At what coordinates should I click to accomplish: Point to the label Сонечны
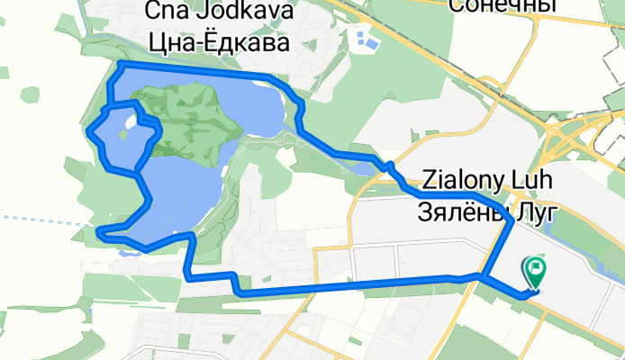tap(498, 6)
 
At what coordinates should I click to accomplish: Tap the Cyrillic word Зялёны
tap(460, 211)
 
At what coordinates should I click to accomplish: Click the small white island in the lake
tap(131, 122)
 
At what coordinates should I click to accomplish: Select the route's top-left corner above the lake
tap(121, 65)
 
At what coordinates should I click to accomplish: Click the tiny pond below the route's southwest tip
tap(127, 253)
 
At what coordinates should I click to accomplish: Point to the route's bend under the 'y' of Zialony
tap(510, 219)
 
